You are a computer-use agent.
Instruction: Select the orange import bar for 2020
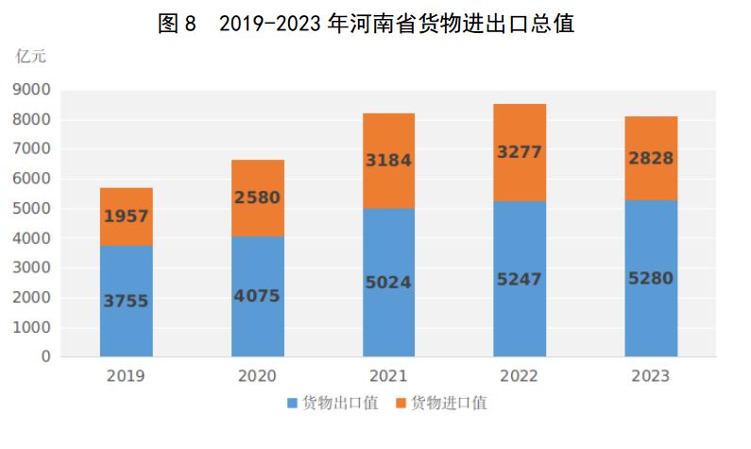[x=257, y=175]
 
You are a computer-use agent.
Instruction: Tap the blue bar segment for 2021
[x=388, y=312]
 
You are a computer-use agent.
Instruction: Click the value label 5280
[x=651, y=279]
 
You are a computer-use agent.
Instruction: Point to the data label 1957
[x=126, y=216]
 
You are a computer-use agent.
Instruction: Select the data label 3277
[x=520, y=152]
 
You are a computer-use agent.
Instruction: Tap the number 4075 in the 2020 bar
[x=257, y=295]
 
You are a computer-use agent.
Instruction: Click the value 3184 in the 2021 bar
[x=388, y=161]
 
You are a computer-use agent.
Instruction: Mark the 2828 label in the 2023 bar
[x=651, y=158]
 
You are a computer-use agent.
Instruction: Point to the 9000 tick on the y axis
[x=32, y=90]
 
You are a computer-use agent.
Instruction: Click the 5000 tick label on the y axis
[x=32, y=209]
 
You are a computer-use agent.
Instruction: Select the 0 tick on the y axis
[x=45, y=357]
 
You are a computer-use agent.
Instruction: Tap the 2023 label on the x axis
[x=651, y=376]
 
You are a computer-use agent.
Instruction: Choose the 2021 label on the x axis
[x=388, y=376]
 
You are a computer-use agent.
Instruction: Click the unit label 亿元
[x=31, y=56]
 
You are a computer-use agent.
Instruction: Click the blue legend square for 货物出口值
[x=292, y=404]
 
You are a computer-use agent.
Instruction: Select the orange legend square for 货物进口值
[x=401, y=404]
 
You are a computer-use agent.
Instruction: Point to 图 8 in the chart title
[x=177, y=24]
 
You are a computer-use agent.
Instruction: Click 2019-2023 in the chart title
[x=268, y=24]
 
